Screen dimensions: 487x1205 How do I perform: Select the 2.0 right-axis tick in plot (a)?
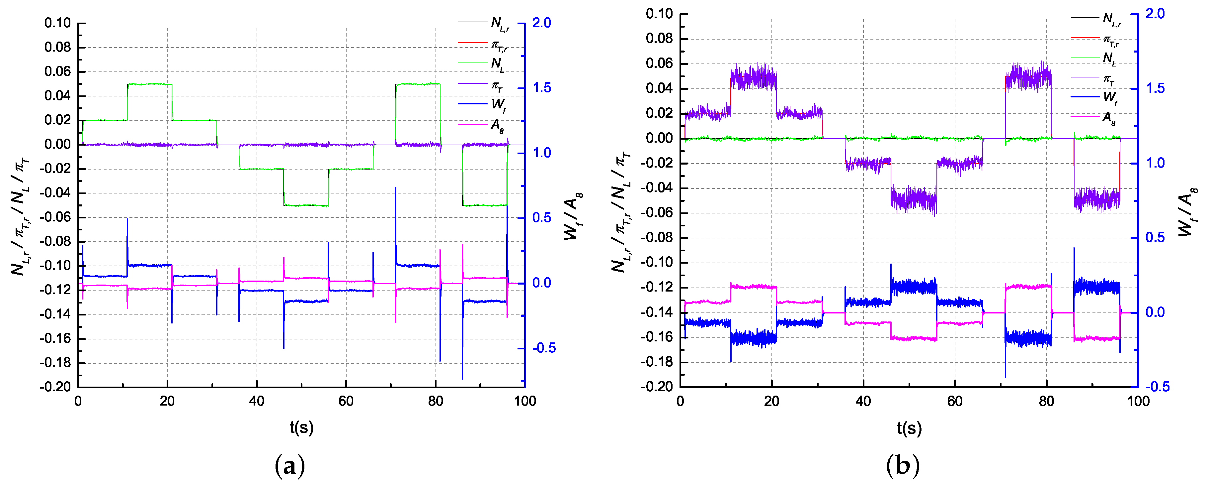click(x=542, y=23)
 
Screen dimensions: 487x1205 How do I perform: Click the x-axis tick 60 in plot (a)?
click(x=346, y=401)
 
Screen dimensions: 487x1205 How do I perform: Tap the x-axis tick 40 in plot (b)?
click(x=863, y=401)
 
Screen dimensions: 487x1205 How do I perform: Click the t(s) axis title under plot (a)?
click(x=301, y=427)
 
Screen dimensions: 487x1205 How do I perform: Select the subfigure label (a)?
click(x=290, y=466)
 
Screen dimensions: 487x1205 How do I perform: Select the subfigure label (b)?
click(x=903, y=466)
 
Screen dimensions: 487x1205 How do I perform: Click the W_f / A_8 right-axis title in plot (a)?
click(x=573, y=215)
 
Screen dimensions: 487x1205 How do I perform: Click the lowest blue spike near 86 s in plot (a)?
click(x=462, y=377)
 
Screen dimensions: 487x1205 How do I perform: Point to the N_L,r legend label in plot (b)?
click(x=1111, y=19)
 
